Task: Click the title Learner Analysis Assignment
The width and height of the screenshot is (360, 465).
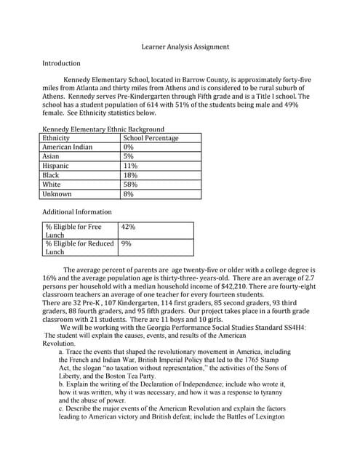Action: [x=185, y=46]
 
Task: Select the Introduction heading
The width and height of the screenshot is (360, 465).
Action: [x=61, y=63]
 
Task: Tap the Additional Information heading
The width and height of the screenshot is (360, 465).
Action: [x=77, y=212]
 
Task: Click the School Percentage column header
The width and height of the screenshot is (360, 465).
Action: [x=151, y=138]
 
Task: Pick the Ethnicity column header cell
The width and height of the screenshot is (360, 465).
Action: [x=57, y=138]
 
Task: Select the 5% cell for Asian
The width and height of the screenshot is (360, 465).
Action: [x=129, y=156]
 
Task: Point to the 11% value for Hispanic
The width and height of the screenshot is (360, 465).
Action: [x=130, y=166]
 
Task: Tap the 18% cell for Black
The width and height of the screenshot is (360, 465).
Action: [x=130, y=175]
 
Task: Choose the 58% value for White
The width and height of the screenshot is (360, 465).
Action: [x=130, y=185]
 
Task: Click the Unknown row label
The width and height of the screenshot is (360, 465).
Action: [x=57, y=194]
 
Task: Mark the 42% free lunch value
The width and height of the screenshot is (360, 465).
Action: [x=129, y=227]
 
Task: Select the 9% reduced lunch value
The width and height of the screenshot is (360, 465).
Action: [x=127, y=244]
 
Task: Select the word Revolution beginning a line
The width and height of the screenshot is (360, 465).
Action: [x=59, y=344]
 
